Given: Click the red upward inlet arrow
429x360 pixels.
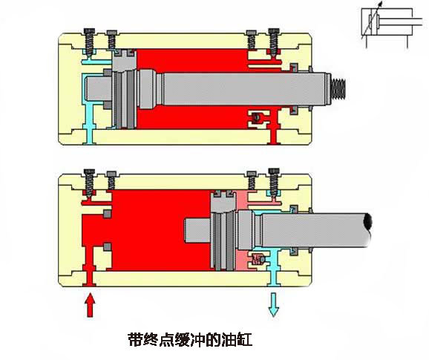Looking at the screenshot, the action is [90, 305].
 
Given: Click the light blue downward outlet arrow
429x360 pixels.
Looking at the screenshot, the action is [274, 305].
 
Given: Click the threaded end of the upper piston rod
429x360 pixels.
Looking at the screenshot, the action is [338, 88].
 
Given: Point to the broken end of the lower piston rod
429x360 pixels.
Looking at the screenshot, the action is [367, 222].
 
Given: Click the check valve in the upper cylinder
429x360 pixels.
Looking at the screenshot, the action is [257, 117].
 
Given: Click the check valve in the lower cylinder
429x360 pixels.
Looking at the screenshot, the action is [258, 259].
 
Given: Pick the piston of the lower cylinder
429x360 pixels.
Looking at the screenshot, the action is [223, 230].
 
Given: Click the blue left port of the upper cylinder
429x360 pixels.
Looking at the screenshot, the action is [90, 137].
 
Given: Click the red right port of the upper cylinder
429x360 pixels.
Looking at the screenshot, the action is [274, 137].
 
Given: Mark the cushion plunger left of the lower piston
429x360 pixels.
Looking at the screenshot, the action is [197, 230].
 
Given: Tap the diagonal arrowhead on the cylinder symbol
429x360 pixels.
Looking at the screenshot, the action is [380, 4].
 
